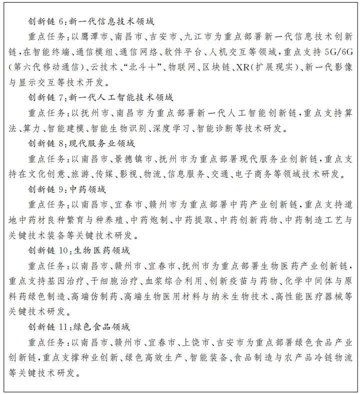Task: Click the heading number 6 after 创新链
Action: [x=61, y=22]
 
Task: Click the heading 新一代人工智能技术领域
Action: [x=116, y=97]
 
